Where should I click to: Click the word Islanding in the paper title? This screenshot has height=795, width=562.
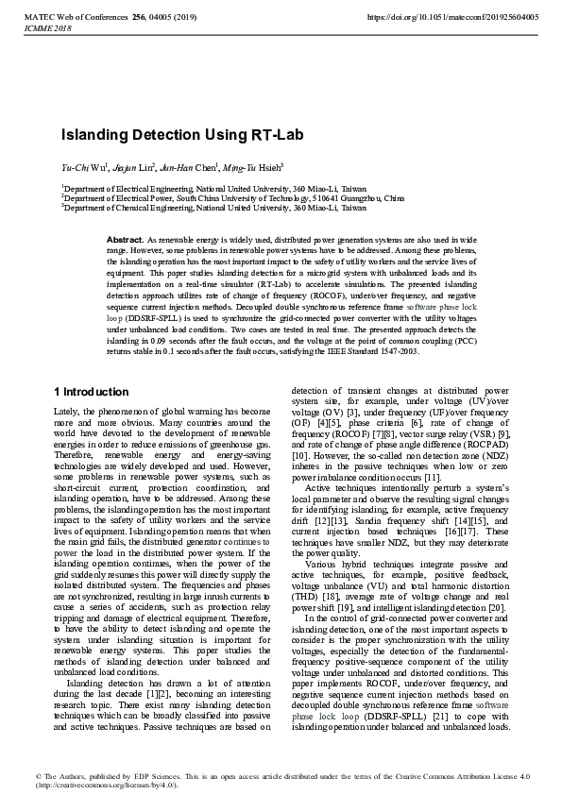[97, 135]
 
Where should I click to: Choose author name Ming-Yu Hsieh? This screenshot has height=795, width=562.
[252, 165]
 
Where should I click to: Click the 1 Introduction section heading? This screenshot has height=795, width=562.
[92, 391]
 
